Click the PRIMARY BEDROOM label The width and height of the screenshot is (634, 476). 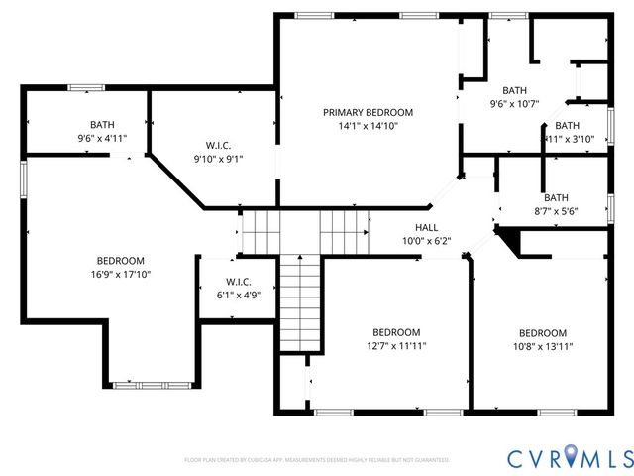[368, 113]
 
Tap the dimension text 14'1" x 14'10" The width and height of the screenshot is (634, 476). [368, 127]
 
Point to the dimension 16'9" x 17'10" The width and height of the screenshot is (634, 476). [121, 274]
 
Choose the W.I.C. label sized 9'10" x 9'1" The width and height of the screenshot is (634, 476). [218, 144]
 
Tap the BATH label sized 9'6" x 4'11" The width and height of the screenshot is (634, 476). [102, 124]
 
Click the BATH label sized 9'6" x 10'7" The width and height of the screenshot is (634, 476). [514, 90]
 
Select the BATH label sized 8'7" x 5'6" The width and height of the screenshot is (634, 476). [556, 197]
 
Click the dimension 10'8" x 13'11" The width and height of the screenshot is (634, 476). [542, 346]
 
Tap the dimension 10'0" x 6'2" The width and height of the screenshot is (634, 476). [426, 241]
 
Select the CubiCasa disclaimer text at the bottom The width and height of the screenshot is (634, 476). [317, 460]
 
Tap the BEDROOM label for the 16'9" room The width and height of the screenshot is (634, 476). [121, 260]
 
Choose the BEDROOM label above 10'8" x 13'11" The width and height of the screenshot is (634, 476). [542, 332]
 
